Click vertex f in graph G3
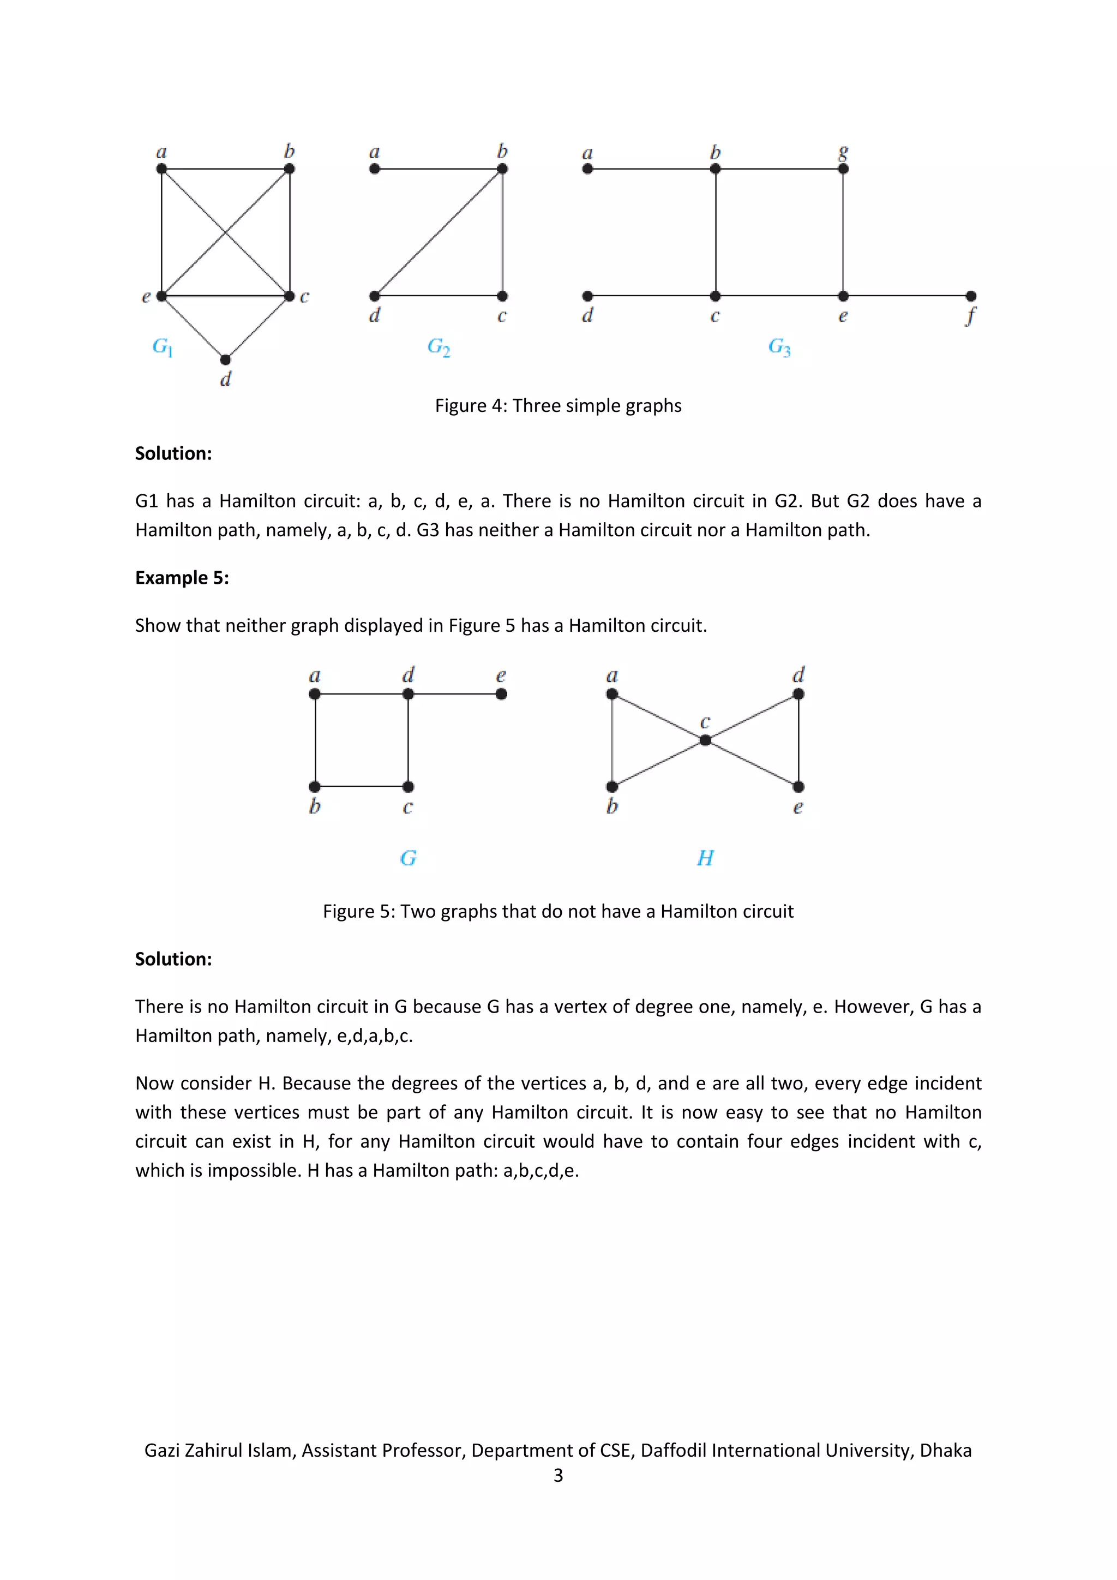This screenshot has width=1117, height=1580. coord(970,296)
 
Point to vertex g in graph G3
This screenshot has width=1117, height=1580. coord(843,169)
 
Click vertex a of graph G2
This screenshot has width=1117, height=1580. coord(374,169)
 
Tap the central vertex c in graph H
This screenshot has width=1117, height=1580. coord(705,740)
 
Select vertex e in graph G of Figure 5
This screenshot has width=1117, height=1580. coord(501,693)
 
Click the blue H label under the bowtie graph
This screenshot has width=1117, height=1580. coord(705,858)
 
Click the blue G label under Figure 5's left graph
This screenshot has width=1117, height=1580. coord(408,858)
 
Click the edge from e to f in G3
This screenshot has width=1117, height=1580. coord(906,296)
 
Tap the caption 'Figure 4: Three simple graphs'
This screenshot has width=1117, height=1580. coord(558,405)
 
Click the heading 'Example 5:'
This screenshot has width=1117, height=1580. coord(182,577)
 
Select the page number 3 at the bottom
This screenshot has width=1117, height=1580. coord(558,1475)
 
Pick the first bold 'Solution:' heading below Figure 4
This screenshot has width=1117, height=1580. coord(173,453)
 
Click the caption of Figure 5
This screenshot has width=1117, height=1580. coord(558,911)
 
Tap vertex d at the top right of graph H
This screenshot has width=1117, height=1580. coord(798,693)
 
